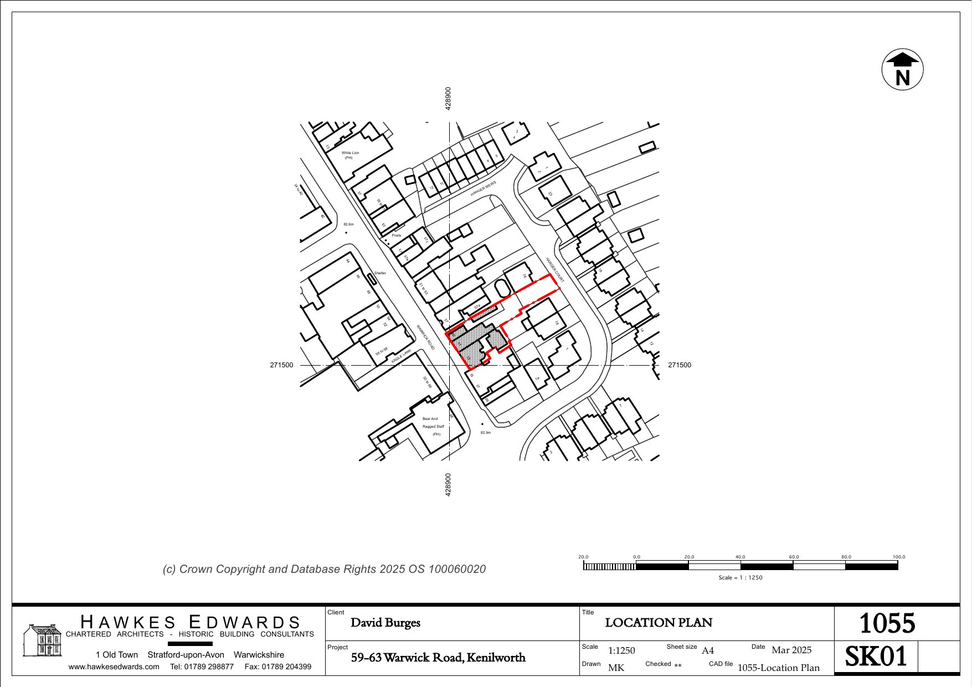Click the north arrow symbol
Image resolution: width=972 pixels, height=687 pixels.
(x=902, y=69)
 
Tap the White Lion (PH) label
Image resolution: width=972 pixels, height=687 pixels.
(x=350, y=155)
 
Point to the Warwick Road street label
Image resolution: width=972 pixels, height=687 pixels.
(x=425, y=337)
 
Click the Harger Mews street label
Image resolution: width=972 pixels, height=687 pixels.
(x=484, y=188)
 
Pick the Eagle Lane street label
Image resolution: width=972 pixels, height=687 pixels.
(x=402, y=356)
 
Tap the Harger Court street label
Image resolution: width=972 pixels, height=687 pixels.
(x=554, y=269)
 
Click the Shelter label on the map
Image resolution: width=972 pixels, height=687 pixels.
(x=380, y=273)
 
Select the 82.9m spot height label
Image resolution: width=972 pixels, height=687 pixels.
(x=485, y=432)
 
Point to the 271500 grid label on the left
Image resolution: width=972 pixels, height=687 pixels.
(x=281, y=365)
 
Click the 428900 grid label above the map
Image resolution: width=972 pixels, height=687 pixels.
(x=448, y=98)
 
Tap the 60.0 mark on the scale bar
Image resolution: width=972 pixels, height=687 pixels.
(x=794, y=557)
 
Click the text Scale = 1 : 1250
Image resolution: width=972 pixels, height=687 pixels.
(x=740, y=577)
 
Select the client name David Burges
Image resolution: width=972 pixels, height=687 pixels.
(x=385, y=623)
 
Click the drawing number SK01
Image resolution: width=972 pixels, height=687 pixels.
(x=876, y=657)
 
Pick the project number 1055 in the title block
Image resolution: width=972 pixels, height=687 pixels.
(x=887, y=623)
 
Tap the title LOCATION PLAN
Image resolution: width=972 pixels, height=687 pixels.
(x=659, y=623)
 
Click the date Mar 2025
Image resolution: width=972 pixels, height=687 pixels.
(x=791, y=650)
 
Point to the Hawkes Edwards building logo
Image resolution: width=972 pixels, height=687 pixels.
(x=42, y=640)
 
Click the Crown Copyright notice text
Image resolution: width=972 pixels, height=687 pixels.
(x=324, y=569)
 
